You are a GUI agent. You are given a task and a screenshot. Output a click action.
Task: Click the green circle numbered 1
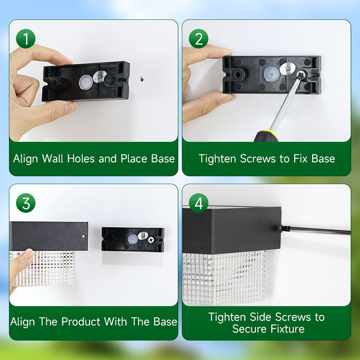[x=26, y=39]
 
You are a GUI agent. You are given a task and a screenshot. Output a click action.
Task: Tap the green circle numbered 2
[x=198, y=39]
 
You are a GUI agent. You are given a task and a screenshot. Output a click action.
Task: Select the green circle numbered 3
[x=26, y=203]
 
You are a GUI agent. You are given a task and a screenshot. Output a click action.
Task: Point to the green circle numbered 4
[x=198, y=203]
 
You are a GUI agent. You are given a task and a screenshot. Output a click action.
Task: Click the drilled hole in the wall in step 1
[x=142, y=80]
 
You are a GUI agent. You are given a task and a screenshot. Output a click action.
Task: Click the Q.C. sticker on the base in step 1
[x=99, y=76]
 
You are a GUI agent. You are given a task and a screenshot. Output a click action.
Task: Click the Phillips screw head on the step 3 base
[x=151, y=240]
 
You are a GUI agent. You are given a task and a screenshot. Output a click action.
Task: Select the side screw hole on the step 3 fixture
[x=84, y=236]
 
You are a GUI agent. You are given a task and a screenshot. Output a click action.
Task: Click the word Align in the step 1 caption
[x=25, y=159]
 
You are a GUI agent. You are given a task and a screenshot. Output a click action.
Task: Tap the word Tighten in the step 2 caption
[x=217, y=159]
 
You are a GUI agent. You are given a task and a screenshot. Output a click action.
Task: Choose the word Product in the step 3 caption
[x=81, y=321]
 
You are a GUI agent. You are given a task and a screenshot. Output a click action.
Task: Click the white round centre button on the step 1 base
[x=85, y=82]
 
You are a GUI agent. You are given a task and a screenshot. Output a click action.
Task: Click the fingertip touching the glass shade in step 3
[x=27, y=254]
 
